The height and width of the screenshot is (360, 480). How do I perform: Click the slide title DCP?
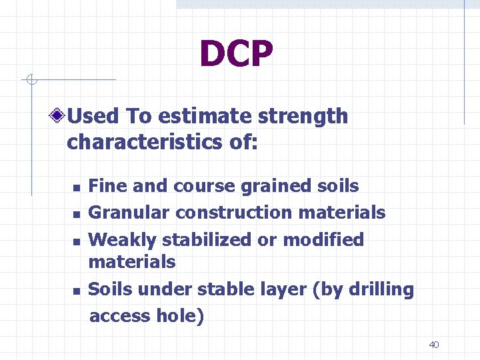click(x=236, y=55)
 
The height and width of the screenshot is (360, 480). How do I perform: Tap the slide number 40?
click(x=434, y=345)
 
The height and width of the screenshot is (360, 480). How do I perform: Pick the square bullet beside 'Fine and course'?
click(x=77, y=188)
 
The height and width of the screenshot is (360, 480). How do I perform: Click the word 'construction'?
click(x=234, y=213)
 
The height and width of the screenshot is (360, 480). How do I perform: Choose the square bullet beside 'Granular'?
click(x=77, y=214)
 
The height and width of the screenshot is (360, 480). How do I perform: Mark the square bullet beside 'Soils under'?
click(x=77, y=291)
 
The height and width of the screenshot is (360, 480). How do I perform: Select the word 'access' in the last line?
click(x=121, y=316)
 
